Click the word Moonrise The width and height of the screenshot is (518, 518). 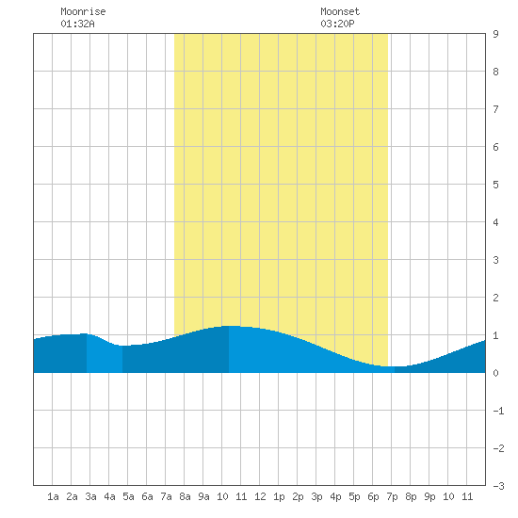click(83, 11)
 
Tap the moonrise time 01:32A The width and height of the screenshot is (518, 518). click(77, 24)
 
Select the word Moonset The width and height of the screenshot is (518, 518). click(340, 11)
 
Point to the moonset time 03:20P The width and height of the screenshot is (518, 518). click(337, 24)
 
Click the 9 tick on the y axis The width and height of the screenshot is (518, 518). click(495, 34)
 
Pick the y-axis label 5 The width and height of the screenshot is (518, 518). click(495, 185)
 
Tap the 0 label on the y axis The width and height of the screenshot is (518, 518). click(495, 373)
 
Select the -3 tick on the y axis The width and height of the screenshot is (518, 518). click(498, 486)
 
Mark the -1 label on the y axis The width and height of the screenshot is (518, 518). click(498, 411)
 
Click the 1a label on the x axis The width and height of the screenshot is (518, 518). click(53, 496)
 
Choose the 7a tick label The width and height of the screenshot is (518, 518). click(166, 496)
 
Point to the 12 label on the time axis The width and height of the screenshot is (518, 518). click(260, 496)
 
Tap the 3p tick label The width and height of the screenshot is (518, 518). click(316, 496)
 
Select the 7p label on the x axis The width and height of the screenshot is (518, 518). click(392, 496)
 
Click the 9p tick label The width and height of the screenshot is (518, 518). click(429, 496)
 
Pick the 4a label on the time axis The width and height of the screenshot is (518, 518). click(109, 496)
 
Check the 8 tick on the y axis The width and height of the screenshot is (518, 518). click(495, 72)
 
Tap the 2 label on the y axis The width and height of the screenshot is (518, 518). click(495, 298)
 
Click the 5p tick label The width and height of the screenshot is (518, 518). click(354, 496)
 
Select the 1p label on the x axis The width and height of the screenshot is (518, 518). click(279, 496)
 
